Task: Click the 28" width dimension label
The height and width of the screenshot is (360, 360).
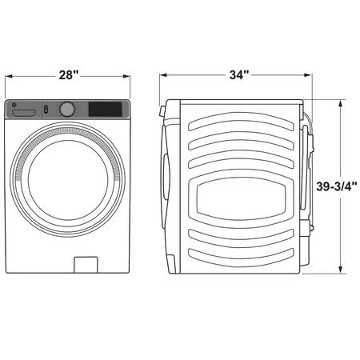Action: pyautogui.click(x=69, y=75)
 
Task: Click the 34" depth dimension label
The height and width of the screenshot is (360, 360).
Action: pyautogui.click(x=239, y=74)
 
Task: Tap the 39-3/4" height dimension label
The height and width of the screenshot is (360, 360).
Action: pyautogui.click(x=337, y=186)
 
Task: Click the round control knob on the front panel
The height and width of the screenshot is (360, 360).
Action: pyautogui.click(x=67, y=109)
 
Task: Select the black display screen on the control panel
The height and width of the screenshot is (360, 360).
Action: pyautogui.click(x=106, y=109)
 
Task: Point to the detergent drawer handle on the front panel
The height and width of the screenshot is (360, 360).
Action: pyautogui.click(x=24, y=113)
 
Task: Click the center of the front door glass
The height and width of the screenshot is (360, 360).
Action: pyautogui.click(x=68, y=180)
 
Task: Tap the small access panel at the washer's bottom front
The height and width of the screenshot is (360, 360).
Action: pyautogui.click(x=86, y=265)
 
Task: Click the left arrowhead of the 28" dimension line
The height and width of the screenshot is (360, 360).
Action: pyautogui.click(x=9, y=76)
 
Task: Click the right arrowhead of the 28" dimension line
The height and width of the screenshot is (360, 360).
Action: pyautogui.click(x=126, y=76)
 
